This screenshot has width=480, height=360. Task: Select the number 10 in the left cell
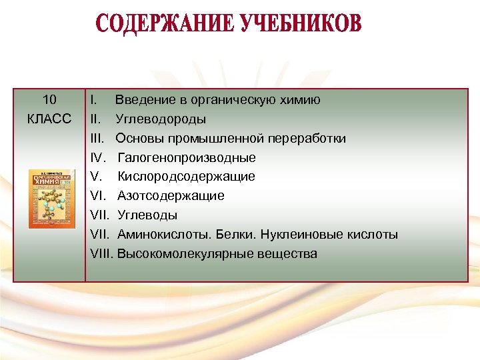coord(49,100)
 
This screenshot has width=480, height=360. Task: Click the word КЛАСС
coord(49,119)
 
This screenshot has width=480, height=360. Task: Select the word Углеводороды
coord(161,119)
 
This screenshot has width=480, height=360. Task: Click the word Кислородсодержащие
coord(186,177)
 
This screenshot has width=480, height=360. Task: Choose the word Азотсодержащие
coord(171,196)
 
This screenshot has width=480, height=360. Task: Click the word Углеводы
coord(147,215)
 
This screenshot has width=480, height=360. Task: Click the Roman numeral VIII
coord(101,254)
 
